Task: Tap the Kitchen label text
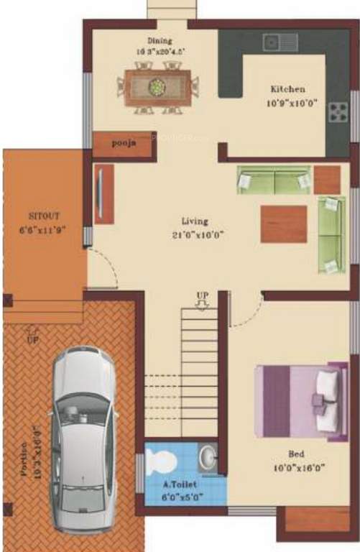pyautogui.click(x=287, y=89)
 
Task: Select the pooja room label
pyautogui.click(x=124, y=143)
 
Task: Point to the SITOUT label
pyautogui.click(x=44, y=216)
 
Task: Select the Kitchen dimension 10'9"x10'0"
pyautogui.click(x=287, y=102)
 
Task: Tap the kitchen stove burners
pyautogui.click(x=336, y=112)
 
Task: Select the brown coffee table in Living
pyautogui.click(x=284, y=224)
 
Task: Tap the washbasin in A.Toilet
pyautogui.click(x=207, y=456)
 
